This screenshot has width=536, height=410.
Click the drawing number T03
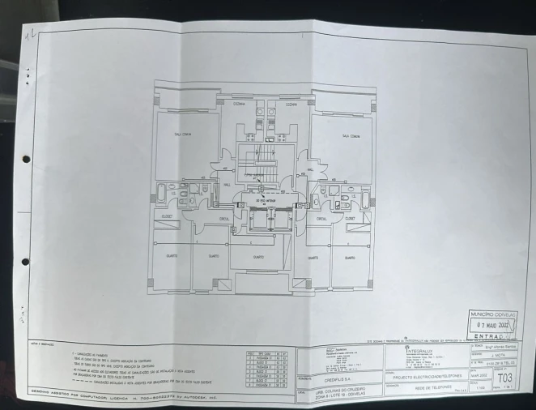504,378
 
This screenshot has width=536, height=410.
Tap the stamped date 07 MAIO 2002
496,325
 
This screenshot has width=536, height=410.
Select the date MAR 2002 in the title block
479,376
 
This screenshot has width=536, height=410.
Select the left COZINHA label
239,104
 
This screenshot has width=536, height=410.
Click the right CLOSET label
354,218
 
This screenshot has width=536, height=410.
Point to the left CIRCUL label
224,218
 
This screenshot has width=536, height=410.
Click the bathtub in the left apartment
161,194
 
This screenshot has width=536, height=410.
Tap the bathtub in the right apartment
364,196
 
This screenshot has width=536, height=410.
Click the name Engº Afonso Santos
500,346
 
